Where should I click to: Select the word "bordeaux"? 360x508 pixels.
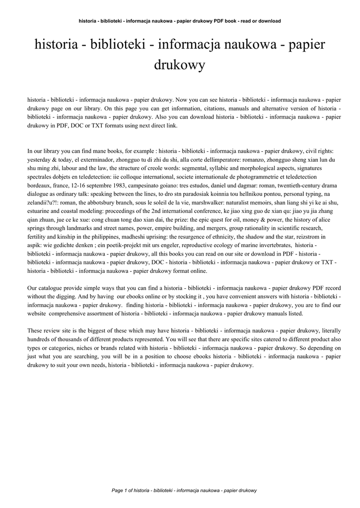40,185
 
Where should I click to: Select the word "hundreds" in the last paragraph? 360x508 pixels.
40,339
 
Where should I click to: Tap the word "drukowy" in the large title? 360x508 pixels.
180,65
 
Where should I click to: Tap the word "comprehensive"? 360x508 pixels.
73,313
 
